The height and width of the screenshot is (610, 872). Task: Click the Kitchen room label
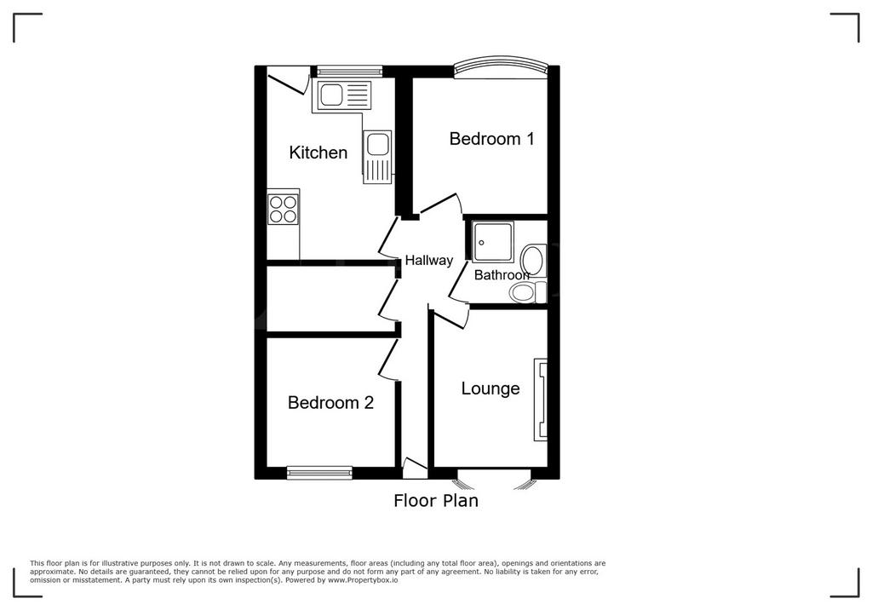[318, 152]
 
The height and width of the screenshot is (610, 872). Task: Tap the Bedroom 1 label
[491, 138]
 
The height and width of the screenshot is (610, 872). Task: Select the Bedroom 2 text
[330, 402]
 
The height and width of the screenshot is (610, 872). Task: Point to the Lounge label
[490, 388]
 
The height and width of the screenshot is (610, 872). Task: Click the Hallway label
[429, 260]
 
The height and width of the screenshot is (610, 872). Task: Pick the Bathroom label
[502, 274]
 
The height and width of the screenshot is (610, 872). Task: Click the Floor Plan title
[436, 500]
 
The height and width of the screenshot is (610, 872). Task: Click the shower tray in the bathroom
[493, 241]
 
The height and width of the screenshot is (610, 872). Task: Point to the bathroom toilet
[528, 291]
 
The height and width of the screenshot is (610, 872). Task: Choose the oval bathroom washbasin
[532, 260]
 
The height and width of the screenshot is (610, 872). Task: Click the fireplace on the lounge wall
[541, 400]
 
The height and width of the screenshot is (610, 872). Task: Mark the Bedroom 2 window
[320, 473]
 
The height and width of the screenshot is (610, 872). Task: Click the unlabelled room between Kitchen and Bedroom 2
[331, 299]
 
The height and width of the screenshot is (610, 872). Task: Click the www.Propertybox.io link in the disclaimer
[363, 580]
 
